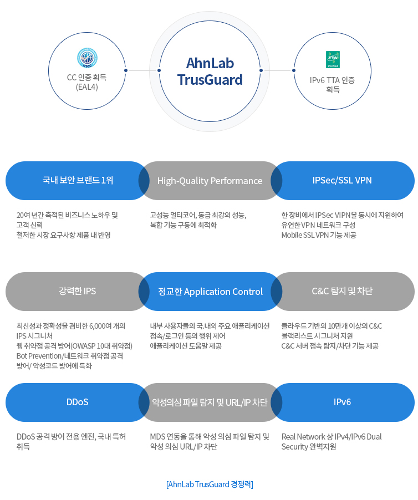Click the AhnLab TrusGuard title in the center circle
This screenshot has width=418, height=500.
[210, 71]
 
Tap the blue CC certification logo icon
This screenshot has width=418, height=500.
[87, 58]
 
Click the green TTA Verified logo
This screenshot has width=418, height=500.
[333, 59]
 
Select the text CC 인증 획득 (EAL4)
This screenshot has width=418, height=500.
[87, 82]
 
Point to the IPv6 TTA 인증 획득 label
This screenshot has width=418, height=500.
[333, 84]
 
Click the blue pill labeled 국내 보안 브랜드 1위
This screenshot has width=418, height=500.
[78, 180]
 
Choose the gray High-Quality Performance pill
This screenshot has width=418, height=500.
[210, 181]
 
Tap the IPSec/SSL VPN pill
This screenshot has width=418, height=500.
[342, 180]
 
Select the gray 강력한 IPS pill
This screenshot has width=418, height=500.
[77, 291]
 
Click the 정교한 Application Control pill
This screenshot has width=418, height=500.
[210, 292]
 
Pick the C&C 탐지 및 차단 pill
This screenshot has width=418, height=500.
[342, 291]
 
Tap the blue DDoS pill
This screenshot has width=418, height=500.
[77, 402]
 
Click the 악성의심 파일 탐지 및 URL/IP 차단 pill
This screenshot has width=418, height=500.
[210, 402]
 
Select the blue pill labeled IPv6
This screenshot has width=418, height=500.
[342, 402]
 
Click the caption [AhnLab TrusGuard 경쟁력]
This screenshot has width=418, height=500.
[210, 484]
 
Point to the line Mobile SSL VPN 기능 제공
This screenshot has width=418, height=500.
[318, 235]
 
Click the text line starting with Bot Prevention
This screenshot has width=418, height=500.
[70, 356]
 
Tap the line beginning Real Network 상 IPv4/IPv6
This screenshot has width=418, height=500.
[332, 437]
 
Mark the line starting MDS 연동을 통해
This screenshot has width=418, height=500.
[210, 437]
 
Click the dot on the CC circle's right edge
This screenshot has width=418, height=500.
[126, 70]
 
